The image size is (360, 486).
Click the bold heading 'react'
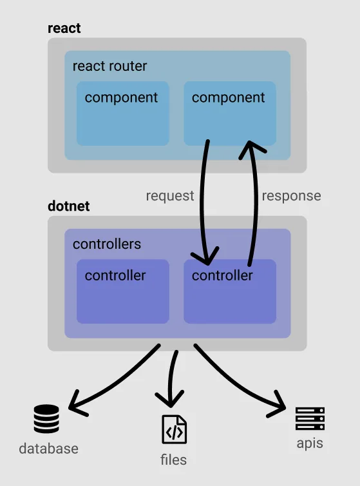coord(64,29)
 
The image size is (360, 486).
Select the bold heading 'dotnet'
coord(69,207)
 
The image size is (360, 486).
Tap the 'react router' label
coord(109,66)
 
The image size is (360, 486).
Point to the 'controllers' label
coord(106,244)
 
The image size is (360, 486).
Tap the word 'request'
coord(170,196)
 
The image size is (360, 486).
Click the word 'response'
coord(291,196)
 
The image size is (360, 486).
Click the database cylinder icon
coord(46,419)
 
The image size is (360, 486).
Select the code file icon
coord(174,429)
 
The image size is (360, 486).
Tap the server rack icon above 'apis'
coord(310,418)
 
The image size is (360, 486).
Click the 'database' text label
coord(48,449)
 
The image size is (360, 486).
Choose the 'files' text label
coord(174,460)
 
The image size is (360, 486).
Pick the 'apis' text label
coord(310,443)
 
